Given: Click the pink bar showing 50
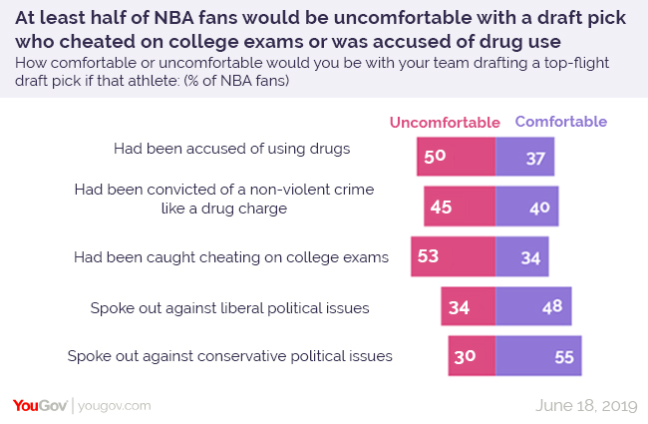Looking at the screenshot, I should (457, 157).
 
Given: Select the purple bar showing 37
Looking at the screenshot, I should (524, 157).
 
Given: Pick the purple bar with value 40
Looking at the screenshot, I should (526, 207).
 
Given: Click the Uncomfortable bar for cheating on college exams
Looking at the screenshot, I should (453, 256).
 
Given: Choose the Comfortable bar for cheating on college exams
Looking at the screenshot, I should (521, 256).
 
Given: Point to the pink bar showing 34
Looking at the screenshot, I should (469, 306).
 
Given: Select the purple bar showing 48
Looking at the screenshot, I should (533, 306).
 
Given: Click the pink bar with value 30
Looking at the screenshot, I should (472, 355).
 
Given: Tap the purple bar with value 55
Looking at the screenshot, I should (538, 355).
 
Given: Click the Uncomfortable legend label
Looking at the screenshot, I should (444, 123).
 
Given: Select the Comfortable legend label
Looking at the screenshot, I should (560, 122).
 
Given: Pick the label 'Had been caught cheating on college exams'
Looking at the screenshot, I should (230, 256).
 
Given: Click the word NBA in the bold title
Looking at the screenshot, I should (175, 18).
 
